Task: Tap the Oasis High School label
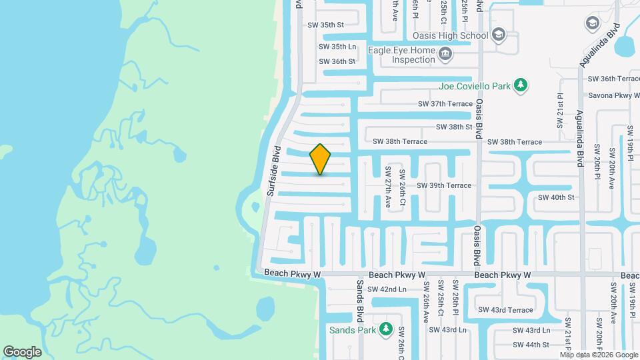tap(451, 35)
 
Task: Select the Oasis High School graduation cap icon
tap(498, 35)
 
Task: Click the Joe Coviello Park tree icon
tap(521, 86)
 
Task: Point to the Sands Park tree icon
tap(385, 329)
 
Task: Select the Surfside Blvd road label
tap(275, 171)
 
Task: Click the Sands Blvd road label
tap(359, 297)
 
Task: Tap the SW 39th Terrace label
tap(444, 185)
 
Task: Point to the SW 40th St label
tap(555, 197)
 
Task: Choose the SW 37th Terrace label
tap(445, 104)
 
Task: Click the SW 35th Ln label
tap(337, 47)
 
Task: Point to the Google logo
tap(22, 351)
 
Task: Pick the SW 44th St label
tap(531, 345)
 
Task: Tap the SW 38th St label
tap(454, 127)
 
